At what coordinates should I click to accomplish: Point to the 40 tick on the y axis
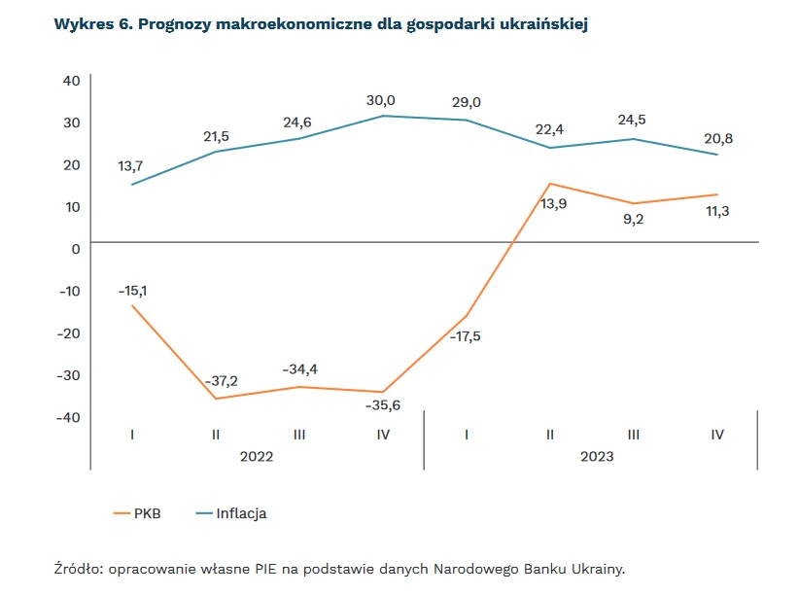pos(71,80)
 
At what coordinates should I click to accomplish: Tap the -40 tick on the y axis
pos(67,416)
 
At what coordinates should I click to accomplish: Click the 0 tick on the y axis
pos(75,249)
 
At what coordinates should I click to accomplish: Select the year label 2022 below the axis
pos(257,455)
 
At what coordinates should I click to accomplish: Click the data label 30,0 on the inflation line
pos(381,100)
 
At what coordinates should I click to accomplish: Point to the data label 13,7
pos(130,167)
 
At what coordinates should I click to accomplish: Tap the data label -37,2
pos(220,380)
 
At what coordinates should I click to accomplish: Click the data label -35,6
pos(383,406)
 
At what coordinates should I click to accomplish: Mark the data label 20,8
pos(717,139)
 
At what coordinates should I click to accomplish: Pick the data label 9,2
pos(633,220)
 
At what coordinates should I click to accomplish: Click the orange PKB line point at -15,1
pos(132,306)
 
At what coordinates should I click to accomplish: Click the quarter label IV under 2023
pos(717,435)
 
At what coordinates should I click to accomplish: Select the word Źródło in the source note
pos(78,569)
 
